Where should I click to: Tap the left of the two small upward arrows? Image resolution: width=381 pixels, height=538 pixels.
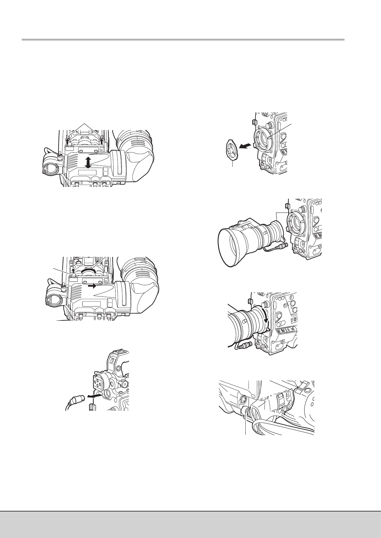tap(67, 139)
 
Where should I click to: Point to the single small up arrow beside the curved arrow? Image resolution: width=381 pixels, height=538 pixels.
tap(73, 273)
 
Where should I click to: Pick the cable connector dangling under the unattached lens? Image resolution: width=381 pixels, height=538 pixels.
tap(280, 246)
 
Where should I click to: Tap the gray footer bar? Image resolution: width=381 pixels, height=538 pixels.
tap(190, 524)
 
